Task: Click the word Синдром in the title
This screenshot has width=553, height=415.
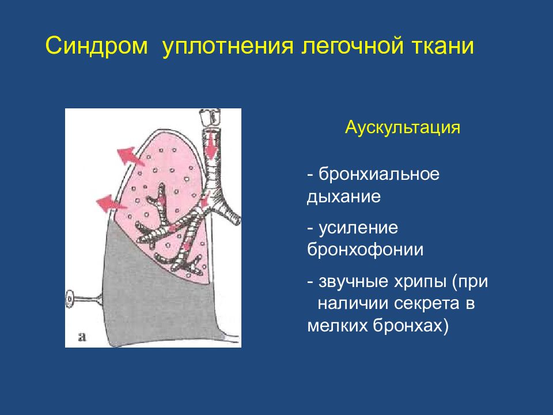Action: click(x=96, y=46)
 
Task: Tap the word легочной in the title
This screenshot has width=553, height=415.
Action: click(x=352, y=46)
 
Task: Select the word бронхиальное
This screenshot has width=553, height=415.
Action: click(x=379, y=173)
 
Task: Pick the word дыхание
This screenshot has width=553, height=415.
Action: click(x=344, y=197)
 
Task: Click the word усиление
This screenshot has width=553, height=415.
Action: click(x=358, y=228)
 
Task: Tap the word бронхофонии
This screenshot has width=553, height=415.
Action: click(x=365, y=249)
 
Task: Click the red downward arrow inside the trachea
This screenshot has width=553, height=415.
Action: click(x=211, y=145)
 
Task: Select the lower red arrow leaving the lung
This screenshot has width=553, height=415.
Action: click(x=111, y=203)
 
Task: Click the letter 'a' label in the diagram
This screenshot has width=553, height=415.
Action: click(x=82, y=337)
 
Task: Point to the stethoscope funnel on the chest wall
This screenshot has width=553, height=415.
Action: click(x=85, y=299)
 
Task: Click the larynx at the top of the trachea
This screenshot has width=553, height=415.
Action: click(x=211, y=117)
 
